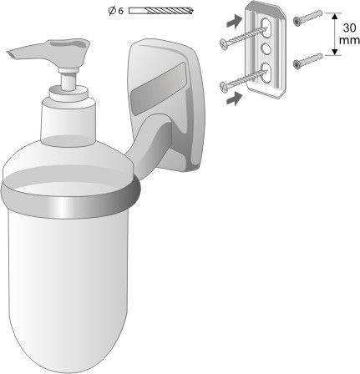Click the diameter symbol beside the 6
tap(112, 11)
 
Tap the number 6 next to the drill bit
tap(120, 11)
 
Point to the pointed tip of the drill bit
tap(193, 11)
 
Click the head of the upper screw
tap(224, 43)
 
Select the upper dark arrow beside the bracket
tap(234, 21)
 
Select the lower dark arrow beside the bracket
tap(234, 99)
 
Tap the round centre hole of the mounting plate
tap(265, 48)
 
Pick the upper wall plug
tap(307, 18)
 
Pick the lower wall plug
tap(307, 61)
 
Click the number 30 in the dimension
tap(349, 28)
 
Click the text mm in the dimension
tap(349, 40)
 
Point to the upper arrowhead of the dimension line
tap(335, 16)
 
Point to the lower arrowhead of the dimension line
tap(335, 52)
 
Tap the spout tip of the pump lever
tap(10, 53)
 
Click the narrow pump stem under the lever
tap(68, 81)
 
